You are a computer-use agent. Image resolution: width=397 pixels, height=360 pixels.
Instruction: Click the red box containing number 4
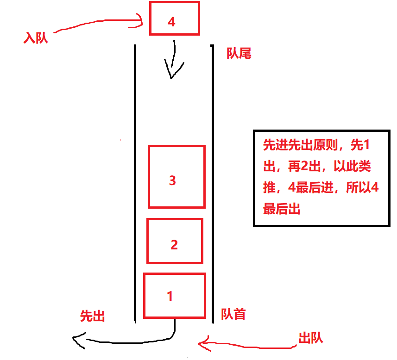pyautogui.click(x=174, y=19)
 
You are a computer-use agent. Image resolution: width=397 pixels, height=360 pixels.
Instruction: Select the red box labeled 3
pyautogui.click(x=176, y=177)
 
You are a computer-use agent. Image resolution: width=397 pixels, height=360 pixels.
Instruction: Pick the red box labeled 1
pyautogui.click(x=174, y=296)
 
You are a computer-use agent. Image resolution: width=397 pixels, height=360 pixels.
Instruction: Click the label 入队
pyautogui.click(x=36, y=38)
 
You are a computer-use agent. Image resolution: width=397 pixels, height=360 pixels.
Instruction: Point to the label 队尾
pyautogui.click(x=239, y=54)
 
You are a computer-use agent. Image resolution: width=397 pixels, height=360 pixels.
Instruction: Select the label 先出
pyautogui.click(x=92, y=316)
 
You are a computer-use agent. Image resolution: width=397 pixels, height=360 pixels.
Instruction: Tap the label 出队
pyautogui.click(x=310, y=338)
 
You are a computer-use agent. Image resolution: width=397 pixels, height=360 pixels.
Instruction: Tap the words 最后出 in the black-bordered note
pyautogui.click(x=282, y=209)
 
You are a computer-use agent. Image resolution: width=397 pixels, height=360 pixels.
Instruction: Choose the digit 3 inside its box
pyautogui.click(x=172, y=180)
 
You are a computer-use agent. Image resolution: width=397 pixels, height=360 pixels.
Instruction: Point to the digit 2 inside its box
pyautogui.click(x=174, y=244)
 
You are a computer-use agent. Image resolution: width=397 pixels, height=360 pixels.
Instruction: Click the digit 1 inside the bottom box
pyautogui.click(x=170, y=296)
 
